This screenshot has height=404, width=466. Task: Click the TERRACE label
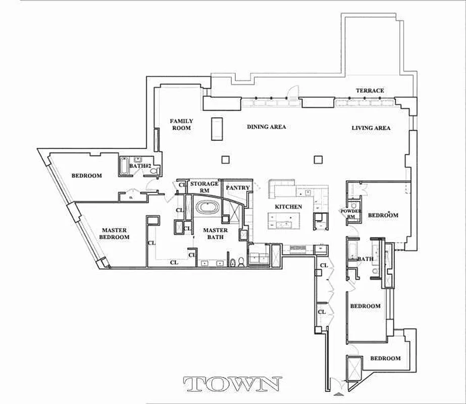coord(370,91)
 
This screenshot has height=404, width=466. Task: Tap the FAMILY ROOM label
coord(181,124)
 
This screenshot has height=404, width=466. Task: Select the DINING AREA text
coord(266,127)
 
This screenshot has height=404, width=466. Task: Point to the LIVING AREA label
coord(371,128)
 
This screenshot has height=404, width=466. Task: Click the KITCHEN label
coord(288,207)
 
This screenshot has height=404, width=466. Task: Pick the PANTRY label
coord(238,188)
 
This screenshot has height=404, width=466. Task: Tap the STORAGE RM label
coord(204,187)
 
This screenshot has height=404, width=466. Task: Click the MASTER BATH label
coord(215,234)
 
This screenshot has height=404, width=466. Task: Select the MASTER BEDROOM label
coord(114,233)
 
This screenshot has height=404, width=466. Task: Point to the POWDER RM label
coord(351,214)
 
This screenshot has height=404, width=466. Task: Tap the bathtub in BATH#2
coord(124,167)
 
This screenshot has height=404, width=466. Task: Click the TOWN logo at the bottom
coord(233,385)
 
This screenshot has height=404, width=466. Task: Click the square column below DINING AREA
coord(225,160)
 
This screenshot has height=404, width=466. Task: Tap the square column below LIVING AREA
coord(318,160)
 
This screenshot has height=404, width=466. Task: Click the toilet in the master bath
coord(241,261)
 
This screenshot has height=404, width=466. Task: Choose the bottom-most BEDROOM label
coord(385,359)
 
